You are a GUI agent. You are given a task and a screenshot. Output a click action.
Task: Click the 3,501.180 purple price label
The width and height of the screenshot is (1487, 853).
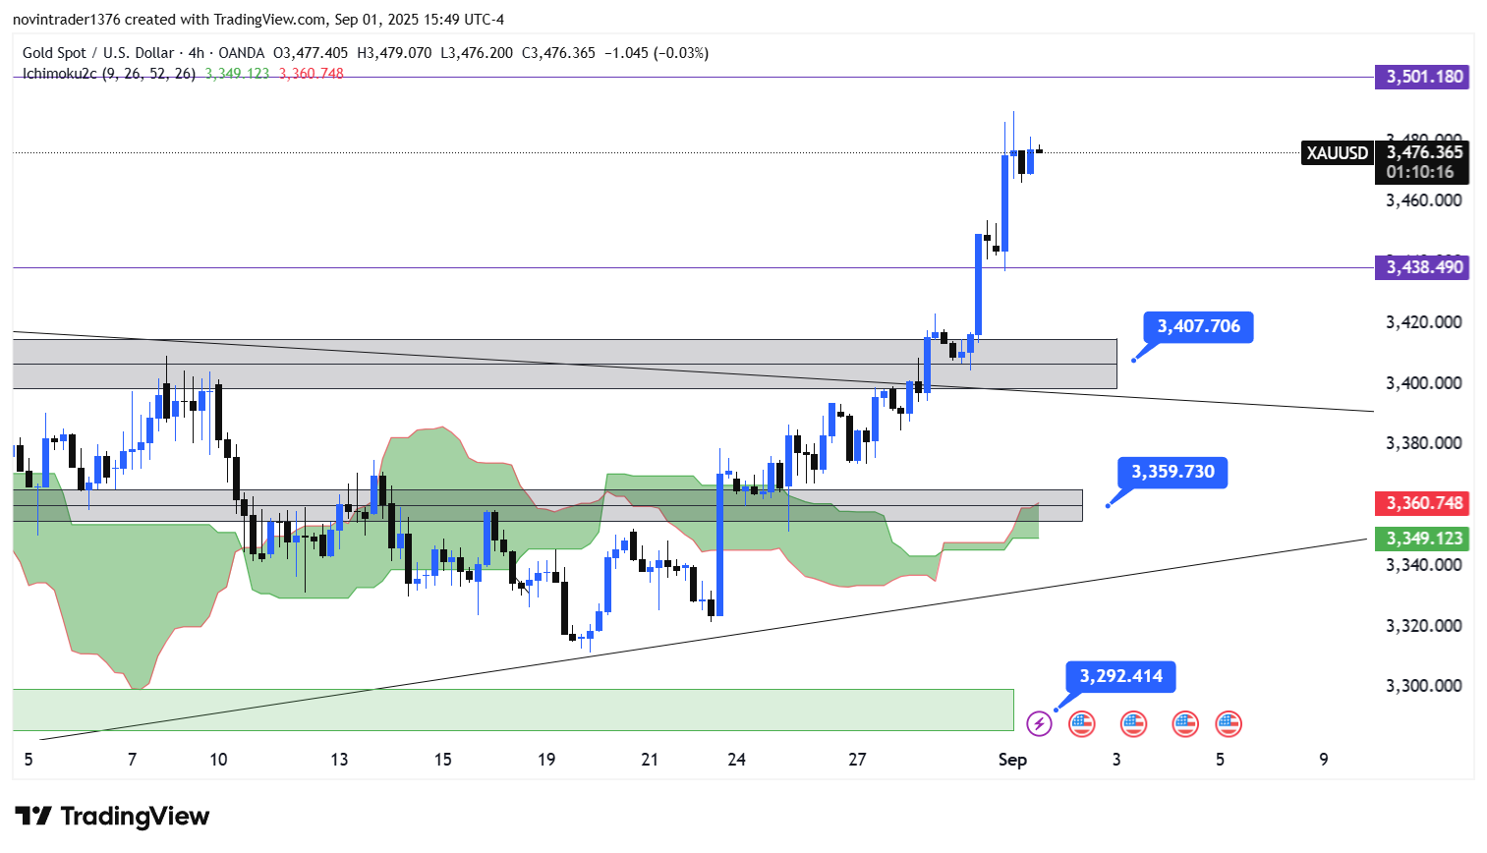tap(1422, 77)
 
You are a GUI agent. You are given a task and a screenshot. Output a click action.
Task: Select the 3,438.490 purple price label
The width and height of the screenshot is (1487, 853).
tap(1422, 267)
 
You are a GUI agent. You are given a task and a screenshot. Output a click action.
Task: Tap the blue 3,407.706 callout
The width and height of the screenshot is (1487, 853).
tap(1198, 326)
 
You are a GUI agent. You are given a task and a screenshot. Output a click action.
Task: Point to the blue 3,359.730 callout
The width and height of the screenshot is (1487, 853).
tap(1172, 472)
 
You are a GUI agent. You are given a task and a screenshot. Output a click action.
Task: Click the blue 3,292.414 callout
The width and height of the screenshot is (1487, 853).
tap(1120, 676)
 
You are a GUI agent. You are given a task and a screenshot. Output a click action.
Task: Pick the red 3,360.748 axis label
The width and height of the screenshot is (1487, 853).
tap(1422, 503)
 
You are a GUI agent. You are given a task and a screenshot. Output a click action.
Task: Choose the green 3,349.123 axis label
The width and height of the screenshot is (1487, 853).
tap(1422, 539)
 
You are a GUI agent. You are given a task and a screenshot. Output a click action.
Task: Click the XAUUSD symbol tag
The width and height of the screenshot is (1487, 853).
tap(1337, 153)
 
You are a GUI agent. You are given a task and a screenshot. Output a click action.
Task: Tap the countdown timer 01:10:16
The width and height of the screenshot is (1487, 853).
tap(1420, 172)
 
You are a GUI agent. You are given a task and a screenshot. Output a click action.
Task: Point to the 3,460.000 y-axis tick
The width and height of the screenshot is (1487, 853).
tap(1423, 200)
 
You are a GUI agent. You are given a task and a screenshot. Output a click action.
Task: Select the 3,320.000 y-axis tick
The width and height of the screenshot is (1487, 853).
tap(1423, 626)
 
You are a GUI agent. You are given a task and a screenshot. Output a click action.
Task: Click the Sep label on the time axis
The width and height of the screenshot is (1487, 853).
tap(1012, 760)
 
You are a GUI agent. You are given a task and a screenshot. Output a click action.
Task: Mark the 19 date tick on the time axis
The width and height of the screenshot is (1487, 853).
tap(546, 760)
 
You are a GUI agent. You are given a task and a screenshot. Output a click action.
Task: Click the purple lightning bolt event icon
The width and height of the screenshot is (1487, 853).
tap(1039, 724)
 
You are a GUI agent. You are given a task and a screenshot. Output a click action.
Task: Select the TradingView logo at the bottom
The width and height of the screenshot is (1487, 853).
tap(112, 817)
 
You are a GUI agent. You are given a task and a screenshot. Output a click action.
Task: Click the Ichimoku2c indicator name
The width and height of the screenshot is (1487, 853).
tap(60, 74)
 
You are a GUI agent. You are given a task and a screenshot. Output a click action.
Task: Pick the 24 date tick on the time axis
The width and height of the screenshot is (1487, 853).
tap(736, 760)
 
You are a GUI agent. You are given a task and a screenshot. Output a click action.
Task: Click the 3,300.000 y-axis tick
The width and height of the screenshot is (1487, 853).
tap(1423, 686)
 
